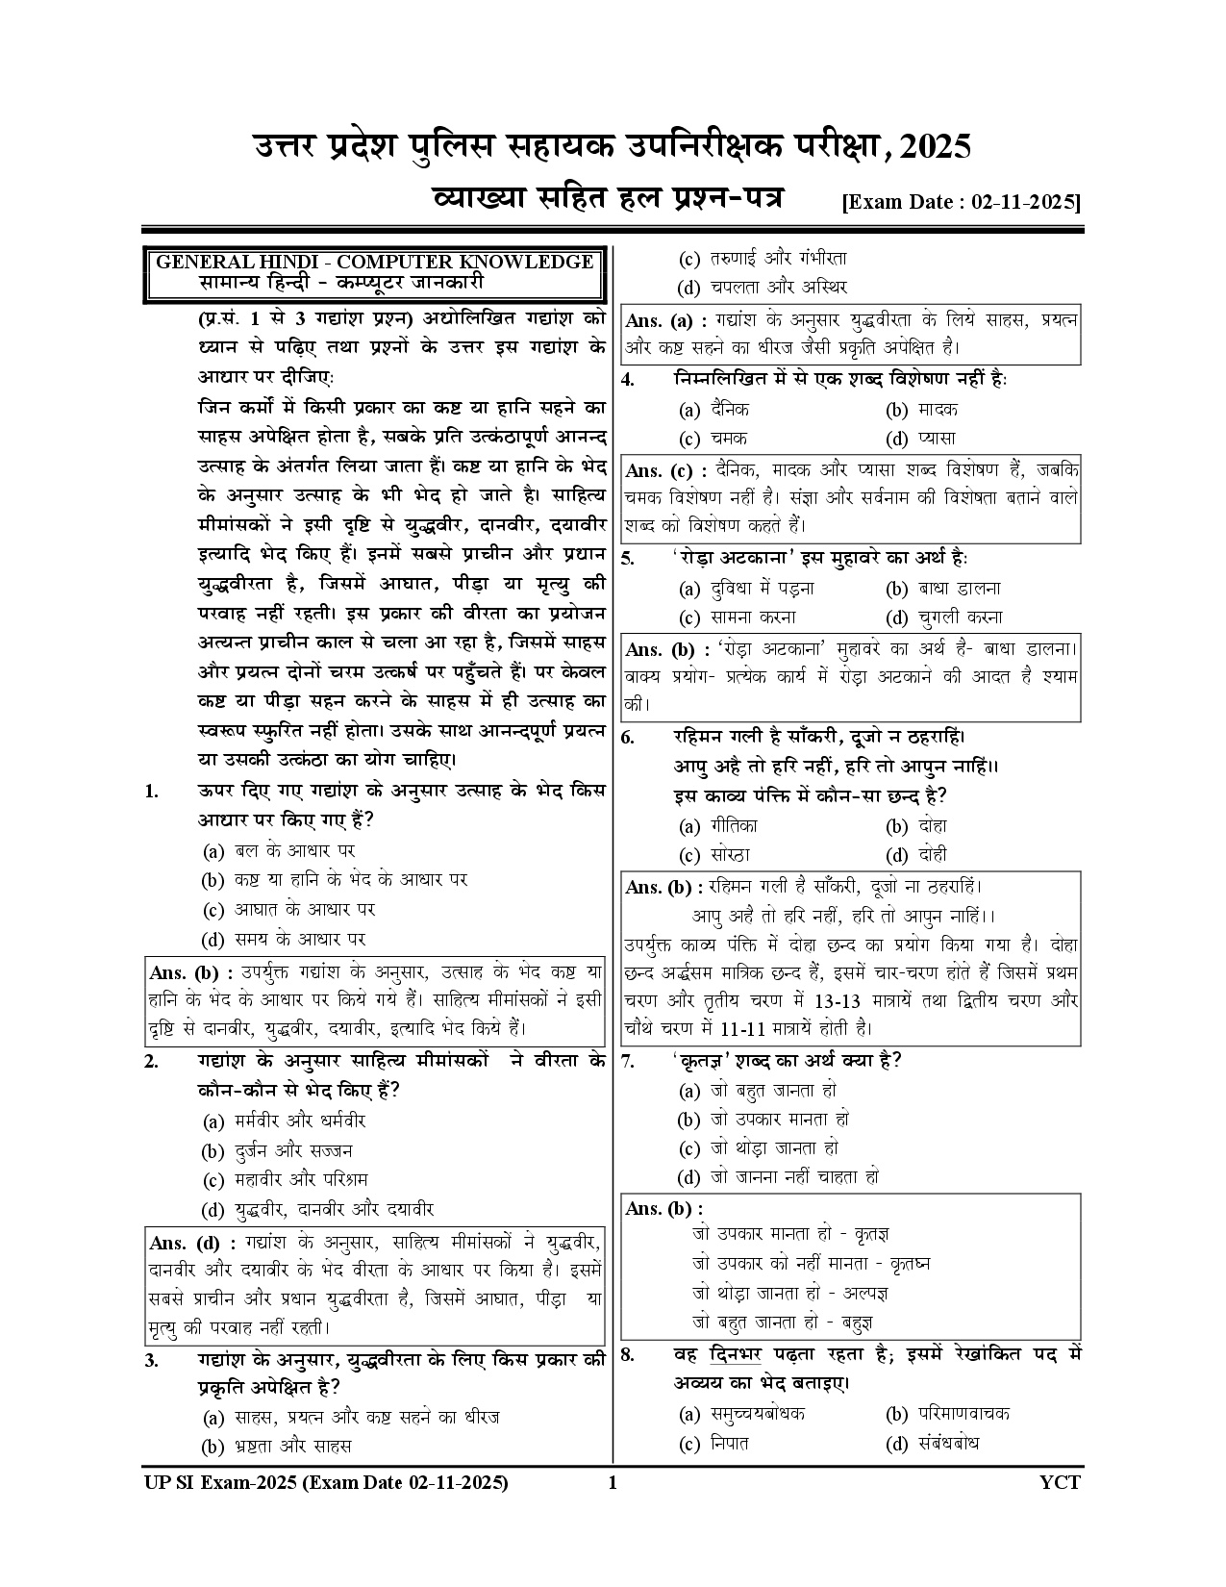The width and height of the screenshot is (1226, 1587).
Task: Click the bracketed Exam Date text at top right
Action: (x=961, y=203)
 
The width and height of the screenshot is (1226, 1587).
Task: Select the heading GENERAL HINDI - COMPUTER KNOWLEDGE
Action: (x=374, y=262)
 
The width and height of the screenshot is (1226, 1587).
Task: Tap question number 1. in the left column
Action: (x=152, y=792)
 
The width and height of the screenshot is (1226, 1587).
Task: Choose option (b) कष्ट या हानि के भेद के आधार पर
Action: (x=336, y=880)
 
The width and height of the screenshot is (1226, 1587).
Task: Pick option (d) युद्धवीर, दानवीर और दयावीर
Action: (x=318, y=1209)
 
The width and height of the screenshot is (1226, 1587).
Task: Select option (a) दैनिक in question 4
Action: (x=714, y=410)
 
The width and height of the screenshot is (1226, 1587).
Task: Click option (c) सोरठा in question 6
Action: (x=714, y=855)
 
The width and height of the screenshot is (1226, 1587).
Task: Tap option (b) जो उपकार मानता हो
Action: (x=763, y=1120)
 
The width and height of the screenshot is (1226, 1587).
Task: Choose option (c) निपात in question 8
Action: (x=714, y=1443)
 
